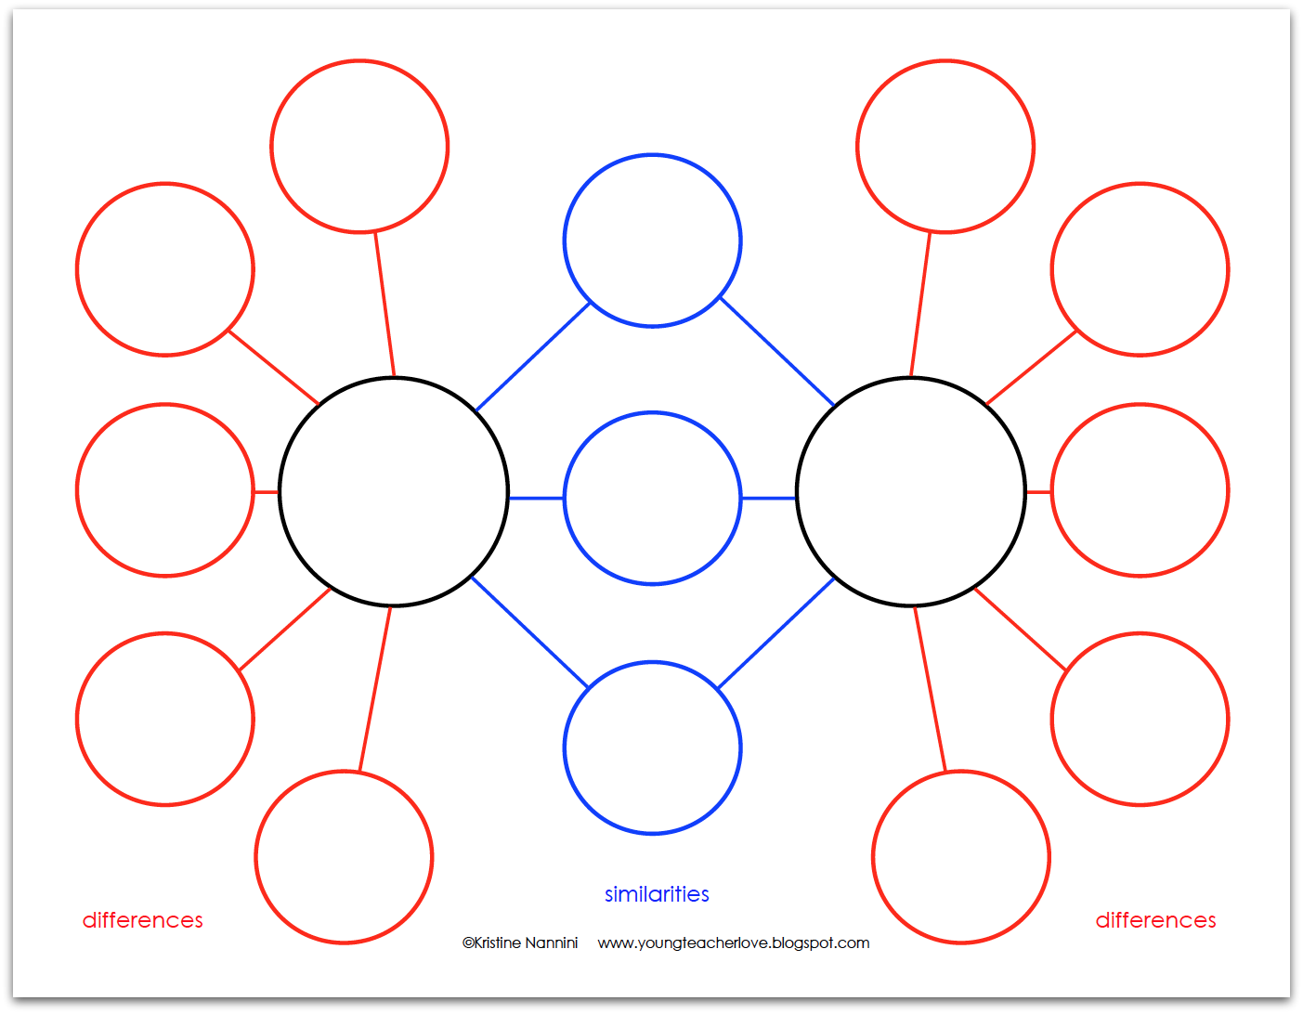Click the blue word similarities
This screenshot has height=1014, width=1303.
point(657,894)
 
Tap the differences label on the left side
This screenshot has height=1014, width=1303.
point(143,920)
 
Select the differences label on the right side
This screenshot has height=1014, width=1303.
point(1155,920)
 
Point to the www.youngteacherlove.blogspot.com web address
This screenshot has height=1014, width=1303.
point(734,943)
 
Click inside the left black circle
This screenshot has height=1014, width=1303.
point(394,492)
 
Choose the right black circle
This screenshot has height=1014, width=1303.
point(911,492)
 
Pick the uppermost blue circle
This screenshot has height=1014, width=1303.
point(653,240)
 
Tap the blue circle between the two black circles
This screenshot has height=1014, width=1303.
point(653,499)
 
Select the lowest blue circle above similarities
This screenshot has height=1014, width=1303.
point(653,747)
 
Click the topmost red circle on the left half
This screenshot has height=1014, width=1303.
point(360,147)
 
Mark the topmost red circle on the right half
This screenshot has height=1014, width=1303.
point(945,147)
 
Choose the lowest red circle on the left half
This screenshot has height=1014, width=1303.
point(344,857)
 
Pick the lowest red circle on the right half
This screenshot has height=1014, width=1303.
point(961,857)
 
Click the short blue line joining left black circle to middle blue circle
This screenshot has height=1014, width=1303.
point(536,499)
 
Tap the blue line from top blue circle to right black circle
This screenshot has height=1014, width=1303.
point(777,352)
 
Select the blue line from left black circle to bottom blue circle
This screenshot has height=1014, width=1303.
point(530,632)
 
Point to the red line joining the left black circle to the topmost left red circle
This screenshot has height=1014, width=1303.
point(384,305)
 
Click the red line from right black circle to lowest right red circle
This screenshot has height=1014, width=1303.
point(930,688)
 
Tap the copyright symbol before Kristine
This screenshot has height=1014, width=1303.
point(468,943)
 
